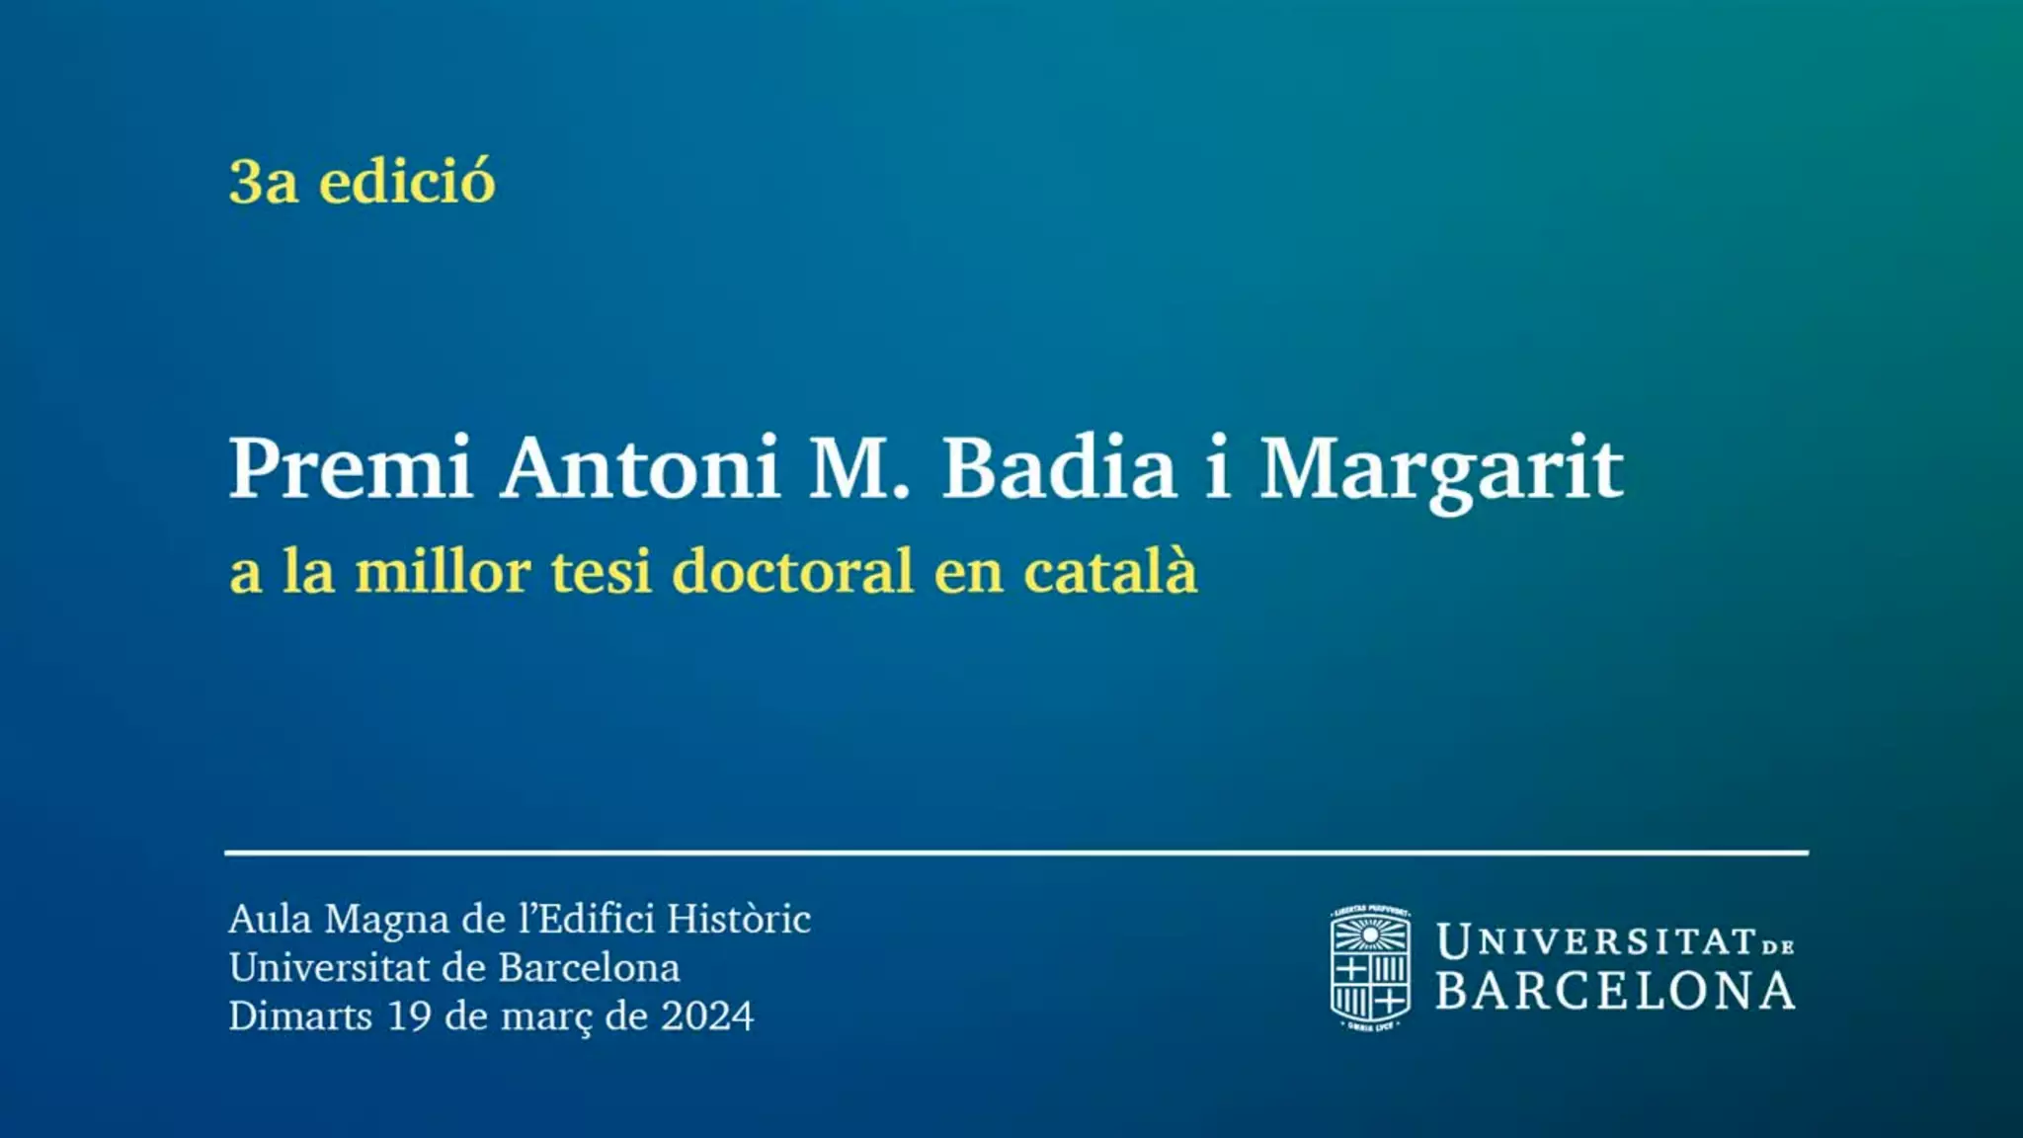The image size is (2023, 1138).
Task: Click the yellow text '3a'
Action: [263, 183]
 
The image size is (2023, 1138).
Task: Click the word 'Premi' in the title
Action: [351, 468]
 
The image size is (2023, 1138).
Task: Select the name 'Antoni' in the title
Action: [641, 468]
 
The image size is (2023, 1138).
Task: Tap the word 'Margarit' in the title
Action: [1442, 472]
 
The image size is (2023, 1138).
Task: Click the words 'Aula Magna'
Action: [339, 921]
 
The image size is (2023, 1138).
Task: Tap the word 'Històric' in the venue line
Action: [739, 919]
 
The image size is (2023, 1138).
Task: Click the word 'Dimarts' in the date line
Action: [300, 1016]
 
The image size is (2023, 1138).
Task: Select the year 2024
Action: [707, 1016]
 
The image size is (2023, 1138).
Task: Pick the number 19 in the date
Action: [409, 1016]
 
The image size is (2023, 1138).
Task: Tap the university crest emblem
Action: [1370, 969]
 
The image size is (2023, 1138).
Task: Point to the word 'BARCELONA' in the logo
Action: [1616, 991]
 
